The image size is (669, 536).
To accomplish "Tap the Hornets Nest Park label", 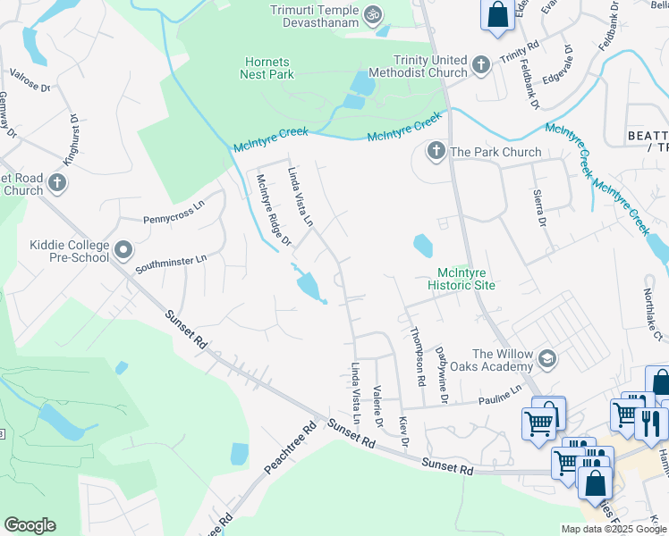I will pyautogui.click(x=267, y=68).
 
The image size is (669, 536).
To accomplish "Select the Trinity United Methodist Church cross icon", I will pyautogui.click(x=481, y=65).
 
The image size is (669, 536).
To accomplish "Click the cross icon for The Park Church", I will pyautogui.click(x=436, y=151).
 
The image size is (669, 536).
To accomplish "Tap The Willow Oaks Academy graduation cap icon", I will pyautogui.click(x=546, y=360).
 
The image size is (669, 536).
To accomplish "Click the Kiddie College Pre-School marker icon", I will pyautogui.click(x=123, y=251).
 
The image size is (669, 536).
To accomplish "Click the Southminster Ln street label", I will pyautogui.click(x=171, y=264).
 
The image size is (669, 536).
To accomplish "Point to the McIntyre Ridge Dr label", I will pyautogui.click(x=274, y=209).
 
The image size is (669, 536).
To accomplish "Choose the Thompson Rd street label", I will pyautogui.click(x=416, y=356).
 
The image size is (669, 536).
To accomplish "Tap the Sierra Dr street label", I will pyautogui.click(x=539, y=207).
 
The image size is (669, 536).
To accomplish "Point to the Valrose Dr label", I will pyautogui.click(x=30, y=80).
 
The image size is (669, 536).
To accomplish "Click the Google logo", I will pyautogui.click(x=30, y=525).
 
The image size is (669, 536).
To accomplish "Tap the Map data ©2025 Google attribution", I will pyautogui.click(x=614, y=528).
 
